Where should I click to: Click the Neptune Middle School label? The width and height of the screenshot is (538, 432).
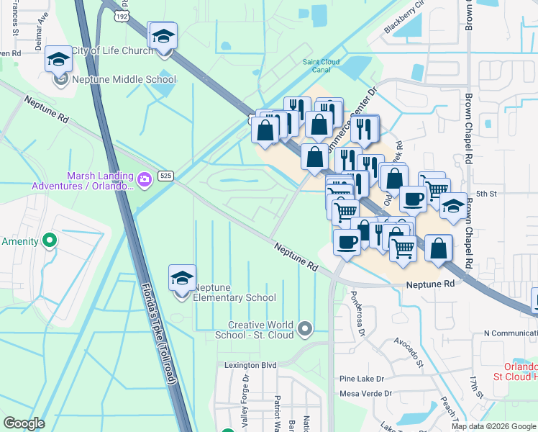pos(124,80)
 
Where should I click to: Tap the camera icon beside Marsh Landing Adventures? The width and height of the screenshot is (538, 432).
pos(144,178)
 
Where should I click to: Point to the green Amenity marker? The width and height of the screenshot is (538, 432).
pos(49,240)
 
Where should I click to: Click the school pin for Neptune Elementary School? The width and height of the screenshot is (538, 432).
pos(182,279)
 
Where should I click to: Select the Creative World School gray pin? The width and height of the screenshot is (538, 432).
pos(305,329)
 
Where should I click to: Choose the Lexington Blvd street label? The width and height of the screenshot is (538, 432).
pos(250,366)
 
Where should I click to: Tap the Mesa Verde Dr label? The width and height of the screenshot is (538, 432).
pos(365,394)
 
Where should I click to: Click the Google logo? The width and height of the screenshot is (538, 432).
pos(24,423)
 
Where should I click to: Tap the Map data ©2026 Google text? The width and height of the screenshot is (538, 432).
pos(493,426)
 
